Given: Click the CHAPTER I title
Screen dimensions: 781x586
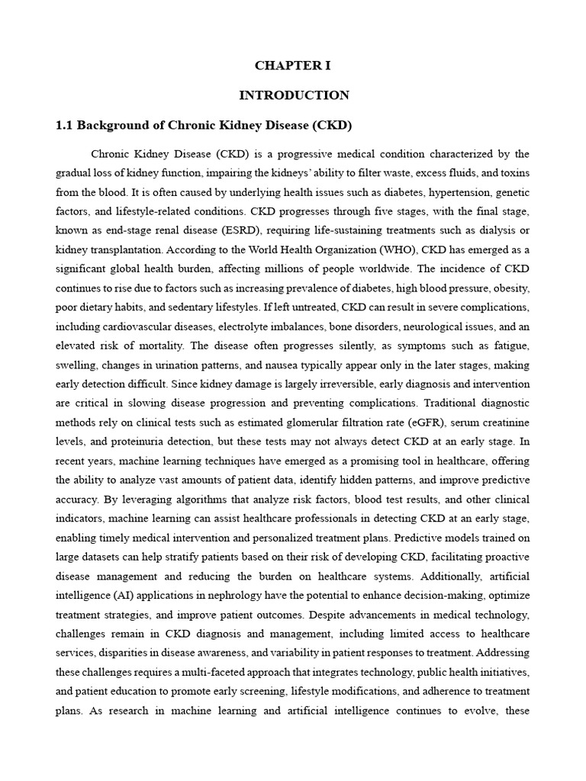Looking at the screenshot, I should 293,66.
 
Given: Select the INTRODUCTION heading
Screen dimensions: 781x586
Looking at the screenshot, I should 294,95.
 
